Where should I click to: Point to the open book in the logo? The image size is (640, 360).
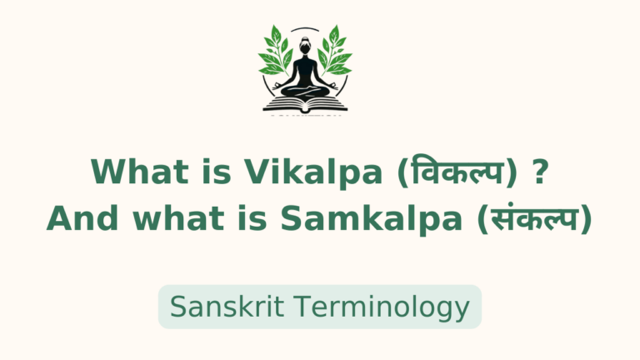point(302,103)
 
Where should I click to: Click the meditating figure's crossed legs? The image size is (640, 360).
point(302,90)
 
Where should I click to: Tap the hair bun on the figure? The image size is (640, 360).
point(302,37)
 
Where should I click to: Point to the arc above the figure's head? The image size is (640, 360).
point(302,29)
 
